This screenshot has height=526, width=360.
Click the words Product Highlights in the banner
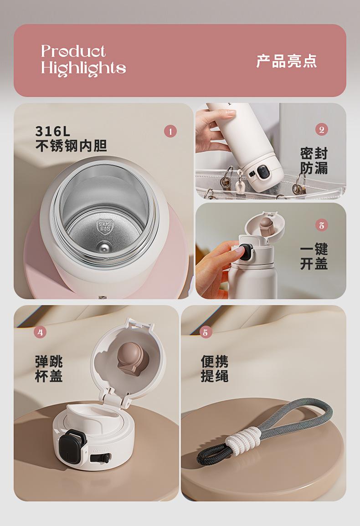pos(83,61)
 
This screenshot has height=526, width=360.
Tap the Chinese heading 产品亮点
pos(287,61)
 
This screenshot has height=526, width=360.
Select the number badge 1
pos(170,131)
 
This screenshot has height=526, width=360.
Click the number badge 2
pos(322,129)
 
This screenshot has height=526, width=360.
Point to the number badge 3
pos(321,225)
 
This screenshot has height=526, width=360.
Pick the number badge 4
pos(40,332)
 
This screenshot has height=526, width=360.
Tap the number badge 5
pos(206,332)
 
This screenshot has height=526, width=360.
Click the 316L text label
pos(53,131)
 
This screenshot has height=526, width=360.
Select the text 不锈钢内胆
pos(71,146)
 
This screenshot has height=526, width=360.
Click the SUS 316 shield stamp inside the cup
pos(105,226)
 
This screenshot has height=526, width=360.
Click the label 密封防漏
pos(314,161)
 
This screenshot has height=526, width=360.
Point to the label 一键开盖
pos(314,257)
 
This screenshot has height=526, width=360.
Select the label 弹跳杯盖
pos(49,369)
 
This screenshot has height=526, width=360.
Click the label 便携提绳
pos(215,369)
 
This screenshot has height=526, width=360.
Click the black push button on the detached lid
pos(71,444)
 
